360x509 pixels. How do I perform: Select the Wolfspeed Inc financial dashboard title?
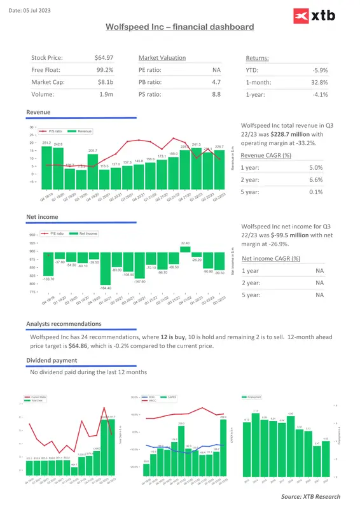tap(179, 27)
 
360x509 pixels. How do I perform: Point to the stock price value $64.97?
tap(104, 58)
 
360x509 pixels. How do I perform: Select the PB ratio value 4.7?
tap(216, 82)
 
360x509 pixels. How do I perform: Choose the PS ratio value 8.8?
tap(216, 94)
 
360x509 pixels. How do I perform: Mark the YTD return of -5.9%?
tap(320, 70)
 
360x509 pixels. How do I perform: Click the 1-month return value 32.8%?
tap(320, 82)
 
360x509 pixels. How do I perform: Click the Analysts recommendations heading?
tap(64, 324)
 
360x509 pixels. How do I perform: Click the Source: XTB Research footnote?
tap(310, 496)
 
